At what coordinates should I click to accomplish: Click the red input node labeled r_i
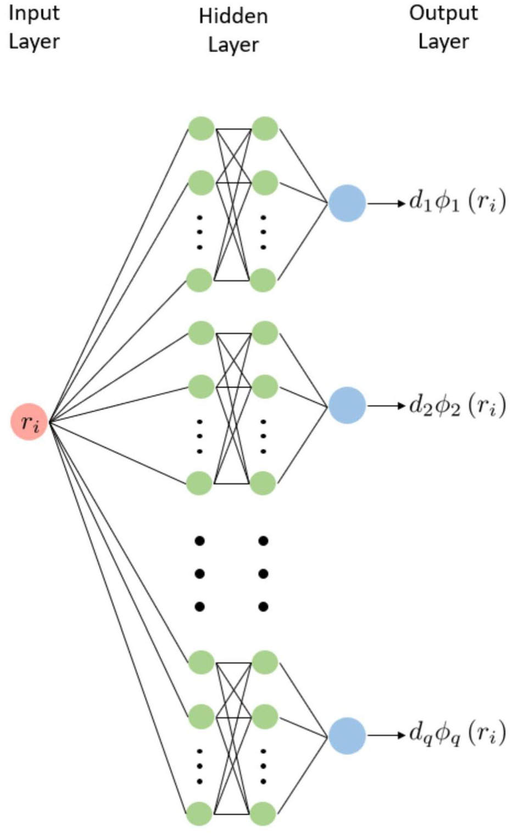click(29, 421)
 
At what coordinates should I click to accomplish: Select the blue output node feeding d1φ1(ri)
click(347, 203)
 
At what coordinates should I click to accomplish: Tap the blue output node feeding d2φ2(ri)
click(347, 405)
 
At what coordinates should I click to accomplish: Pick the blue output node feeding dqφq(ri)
click(347, 736)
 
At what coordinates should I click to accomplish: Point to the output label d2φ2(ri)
click(458, 404)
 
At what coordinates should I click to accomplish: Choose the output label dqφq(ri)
click(458, 734)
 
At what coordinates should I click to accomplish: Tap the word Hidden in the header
click(233, 16)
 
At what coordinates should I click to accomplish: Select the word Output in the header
click(443, 14)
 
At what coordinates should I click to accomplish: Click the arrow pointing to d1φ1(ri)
click(386, 203)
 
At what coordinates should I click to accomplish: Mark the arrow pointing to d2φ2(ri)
click(386, 405)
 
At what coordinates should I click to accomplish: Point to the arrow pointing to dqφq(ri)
click(386, 735)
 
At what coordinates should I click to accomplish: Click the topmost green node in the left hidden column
click(201, 129)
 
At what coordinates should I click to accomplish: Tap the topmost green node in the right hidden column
click(265, 129)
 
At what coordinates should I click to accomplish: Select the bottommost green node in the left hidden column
click(199, 814)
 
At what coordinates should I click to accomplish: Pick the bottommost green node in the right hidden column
click(263, 814)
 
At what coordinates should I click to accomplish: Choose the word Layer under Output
click(443, 42)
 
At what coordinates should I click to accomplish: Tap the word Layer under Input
click(34, 42)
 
